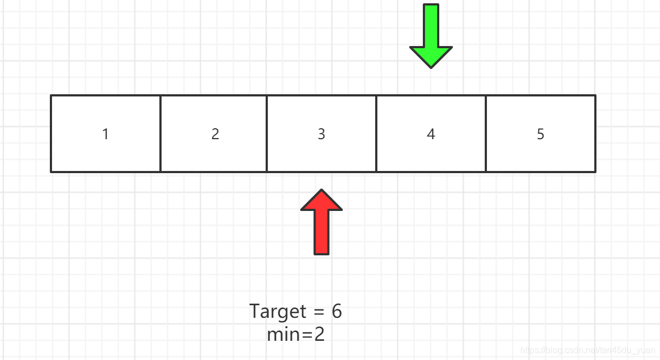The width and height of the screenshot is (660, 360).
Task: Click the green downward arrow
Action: pos(431,36)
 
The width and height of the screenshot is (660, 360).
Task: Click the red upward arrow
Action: pos(322,222)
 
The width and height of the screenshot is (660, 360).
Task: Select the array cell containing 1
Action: pos(106,134)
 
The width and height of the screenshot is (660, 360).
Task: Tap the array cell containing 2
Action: pos(214,134)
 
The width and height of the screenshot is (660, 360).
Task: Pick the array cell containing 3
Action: pos(322,134)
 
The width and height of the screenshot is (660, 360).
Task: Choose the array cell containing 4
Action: pos(431,134)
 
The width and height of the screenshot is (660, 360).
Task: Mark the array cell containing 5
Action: pos(541,134)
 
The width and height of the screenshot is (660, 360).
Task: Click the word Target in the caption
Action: pos(278,312)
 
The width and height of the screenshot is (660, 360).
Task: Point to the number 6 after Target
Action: pos(337,311)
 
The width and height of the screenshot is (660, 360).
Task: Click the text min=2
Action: pos(296,334)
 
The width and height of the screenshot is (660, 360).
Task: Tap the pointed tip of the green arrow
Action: pos(431,68)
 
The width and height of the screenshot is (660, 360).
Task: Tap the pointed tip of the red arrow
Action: pos(322,189)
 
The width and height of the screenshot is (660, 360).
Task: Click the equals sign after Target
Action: pos(319,311)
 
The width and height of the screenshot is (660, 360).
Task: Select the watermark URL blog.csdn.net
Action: pos(588,350)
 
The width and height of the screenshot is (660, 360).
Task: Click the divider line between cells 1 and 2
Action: pos(160,134)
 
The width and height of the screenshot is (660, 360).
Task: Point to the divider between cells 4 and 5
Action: pos(486,134)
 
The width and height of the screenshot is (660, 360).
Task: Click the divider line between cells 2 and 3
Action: pos(267,134)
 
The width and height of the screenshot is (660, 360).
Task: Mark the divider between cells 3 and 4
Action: pos(376,134)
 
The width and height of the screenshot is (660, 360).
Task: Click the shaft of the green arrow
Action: pos(431,25)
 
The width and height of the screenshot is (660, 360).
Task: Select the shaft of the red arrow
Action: pos(322,232)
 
